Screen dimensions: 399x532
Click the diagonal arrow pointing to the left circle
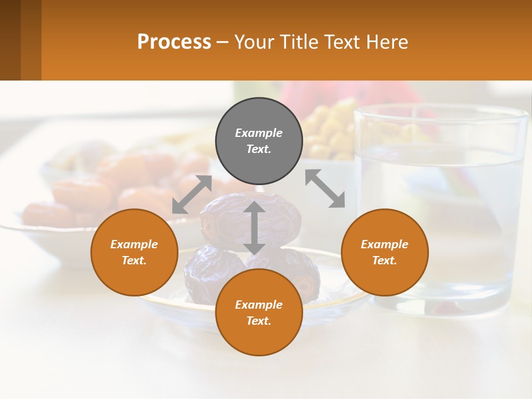click(x=192, y=195)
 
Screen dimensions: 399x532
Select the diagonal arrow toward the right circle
click(x=325, y=188)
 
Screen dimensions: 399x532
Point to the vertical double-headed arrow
click(x=254, y=227)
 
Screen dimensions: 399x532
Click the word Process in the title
click(x=174, y=42)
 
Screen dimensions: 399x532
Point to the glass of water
click(x=443, y=211)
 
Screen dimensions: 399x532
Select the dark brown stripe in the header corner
click(x=10, y=40)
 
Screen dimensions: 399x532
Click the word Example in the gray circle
click(x=259, y=133)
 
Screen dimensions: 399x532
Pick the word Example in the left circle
click(x=134, y=244)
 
